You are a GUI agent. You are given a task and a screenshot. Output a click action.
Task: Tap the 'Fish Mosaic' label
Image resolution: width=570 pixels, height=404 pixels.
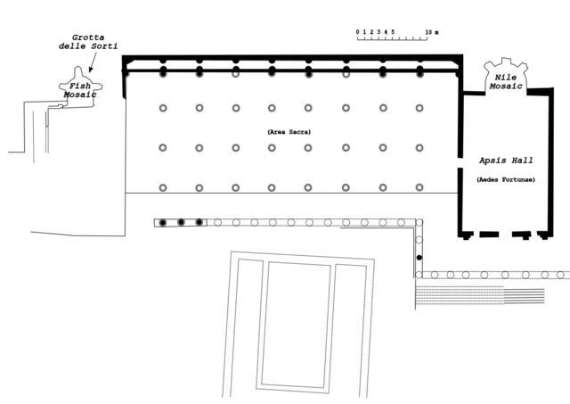pos(76,89)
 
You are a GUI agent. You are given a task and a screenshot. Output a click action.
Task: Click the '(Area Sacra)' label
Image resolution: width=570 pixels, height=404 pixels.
pos(282,132)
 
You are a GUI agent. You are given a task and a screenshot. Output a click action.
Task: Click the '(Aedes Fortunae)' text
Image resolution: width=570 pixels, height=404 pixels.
pos(505,180)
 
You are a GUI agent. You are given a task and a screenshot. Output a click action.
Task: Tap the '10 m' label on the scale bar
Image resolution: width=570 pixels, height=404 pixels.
pos(431,32)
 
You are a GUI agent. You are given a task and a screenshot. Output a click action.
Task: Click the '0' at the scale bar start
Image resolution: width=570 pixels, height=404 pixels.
pos(358,32)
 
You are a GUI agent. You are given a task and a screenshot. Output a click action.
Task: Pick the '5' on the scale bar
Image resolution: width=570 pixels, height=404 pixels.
pos(393,32)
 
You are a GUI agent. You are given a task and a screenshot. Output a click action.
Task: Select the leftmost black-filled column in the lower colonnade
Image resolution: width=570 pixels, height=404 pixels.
pos(163,221)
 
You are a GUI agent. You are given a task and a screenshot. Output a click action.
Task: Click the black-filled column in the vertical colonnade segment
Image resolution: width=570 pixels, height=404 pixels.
pos(419,257)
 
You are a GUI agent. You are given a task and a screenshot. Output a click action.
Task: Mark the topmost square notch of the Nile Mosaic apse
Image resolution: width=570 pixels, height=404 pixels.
pos(504,62)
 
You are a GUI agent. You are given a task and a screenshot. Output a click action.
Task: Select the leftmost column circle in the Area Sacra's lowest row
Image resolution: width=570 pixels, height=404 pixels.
pos(163,187)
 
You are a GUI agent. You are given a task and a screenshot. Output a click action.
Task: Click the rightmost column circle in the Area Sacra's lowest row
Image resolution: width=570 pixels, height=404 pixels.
pos(419,187)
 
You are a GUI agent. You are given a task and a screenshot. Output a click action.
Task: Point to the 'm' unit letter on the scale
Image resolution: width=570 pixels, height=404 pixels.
pos(436,32)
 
